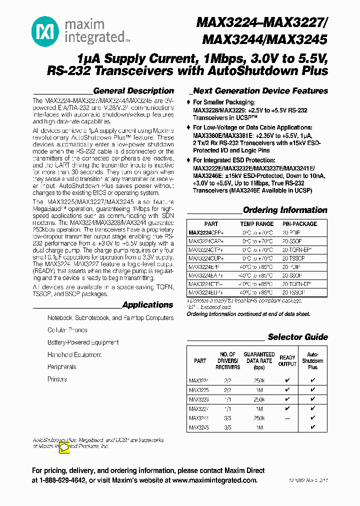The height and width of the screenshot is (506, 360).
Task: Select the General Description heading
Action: pos(133,91)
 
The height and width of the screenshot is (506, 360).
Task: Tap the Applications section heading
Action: pos(147,305)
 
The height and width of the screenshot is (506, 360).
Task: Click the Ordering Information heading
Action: pos(285,210)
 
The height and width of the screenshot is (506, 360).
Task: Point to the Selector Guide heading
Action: pos(297,337)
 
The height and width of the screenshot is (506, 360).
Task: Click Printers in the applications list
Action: pos(57,379)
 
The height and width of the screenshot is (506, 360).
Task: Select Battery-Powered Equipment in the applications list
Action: pos(83,342)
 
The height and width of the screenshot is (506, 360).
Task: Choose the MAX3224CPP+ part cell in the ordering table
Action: pos(206,232)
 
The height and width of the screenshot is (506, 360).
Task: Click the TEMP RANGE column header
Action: pos(257,224)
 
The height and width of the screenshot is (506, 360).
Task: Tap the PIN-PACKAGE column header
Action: pos(300,224)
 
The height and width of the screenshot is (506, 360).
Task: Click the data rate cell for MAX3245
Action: pos(258,428)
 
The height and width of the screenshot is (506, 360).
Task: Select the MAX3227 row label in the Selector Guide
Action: pos(198,407)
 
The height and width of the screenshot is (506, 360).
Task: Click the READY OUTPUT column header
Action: pos(287,360)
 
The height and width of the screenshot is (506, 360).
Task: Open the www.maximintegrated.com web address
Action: pos(215,480)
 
